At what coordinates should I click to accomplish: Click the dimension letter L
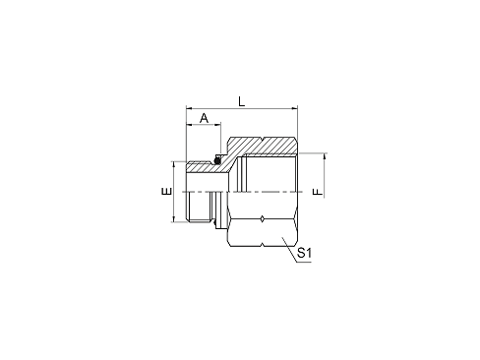242,101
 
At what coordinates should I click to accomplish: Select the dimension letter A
204,118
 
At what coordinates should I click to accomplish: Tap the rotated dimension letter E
167,191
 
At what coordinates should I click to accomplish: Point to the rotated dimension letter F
318,192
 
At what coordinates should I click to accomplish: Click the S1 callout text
304,253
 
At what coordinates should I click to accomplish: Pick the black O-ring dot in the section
216,160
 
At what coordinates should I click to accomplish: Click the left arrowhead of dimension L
189,107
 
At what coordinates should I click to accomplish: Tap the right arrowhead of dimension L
294,107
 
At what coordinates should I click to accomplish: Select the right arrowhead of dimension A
217,124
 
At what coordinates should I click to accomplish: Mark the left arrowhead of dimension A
189,124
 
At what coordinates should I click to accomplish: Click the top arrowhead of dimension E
173,164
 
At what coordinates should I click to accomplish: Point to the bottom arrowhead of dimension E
173,219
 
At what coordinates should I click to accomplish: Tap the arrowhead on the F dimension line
324,156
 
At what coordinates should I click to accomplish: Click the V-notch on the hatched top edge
263,139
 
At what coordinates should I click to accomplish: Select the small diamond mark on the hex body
263,219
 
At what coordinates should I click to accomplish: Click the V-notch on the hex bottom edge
263,245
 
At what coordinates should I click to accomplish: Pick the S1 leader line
289,250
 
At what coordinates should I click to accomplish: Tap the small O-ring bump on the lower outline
214,223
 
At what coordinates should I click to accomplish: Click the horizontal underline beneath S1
304,263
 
